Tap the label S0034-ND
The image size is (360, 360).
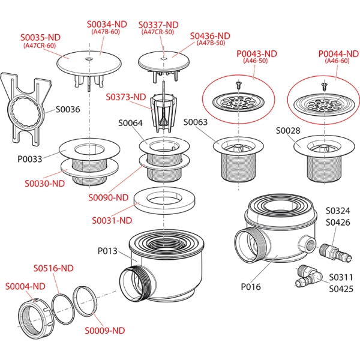point(107,24)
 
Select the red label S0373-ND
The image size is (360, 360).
point(126,97)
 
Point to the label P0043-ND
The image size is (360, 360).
point(256,53)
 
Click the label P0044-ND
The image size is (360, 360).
point(338,53)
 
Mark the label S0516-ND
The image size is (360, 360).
point(53,267)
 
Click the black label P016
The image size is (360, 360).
point(251,287)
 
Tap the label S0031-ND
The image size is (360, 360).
point(112,220)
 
